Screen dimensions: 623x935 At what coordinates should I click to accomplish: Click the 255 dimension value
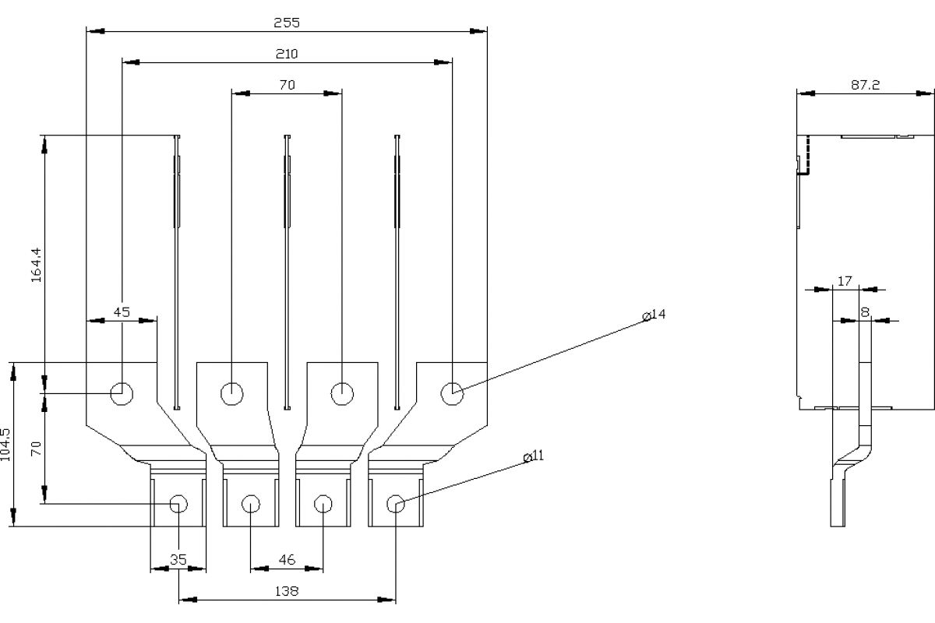(286, 23)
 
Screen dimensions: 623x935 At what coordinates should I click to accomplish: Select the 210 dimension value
(286, 54)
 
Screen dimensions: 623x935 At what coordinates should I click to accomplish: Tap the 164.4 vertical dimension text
(35, 265)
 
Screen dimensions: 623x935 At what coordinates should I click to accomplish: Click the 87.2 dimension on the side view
(865, 85)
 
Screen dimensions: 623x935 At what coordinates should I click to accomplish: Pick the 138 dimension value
(286, 591)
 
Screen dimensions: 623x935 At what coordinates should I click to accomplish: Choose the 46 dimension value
(286, 560)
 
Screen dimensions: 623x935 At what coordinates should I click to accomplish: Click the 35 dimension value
(178, 559)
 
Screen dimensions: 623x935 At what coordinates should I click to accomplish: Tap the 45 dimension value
(122, 311)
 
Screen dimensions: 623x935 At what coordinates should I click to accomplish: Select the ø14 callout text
(654, 315)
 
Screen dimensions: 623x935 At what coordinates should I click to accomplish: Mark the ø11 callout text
(533, 456)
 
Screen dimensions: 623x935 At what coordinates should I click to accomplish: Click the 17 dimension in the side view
(845, 280)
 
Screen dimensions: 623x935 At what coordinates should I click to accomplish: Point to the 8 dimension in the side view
(865, 311)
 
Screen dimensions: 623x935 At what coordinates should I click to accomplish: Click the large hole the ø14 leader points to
(451, 393)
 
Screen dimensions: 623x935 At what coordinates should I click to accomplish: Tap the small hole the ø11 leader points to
(396, 503)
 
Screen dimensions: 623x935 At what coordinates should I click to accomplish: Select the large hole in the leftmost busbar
(122, 393)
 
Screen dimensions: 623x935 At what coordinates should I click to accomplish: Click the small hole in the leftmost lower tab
(178, 503)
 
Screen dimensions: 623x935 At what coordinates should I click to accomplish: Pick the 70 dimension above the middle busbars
(286, 85)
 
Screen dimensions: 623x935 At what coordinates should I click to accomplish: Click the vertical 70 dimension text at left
(35, 449)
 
